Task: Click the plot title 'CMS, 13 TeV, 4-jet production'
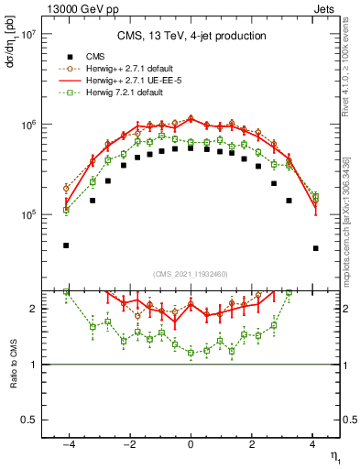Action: click(x=191, y=36)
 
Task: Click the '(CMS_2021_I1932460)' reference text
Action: click(x=191, y=274)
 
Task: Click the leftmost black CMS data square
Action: click(x=66, y=245)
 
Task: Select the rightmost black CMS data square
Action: click(x=315, y=248)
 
